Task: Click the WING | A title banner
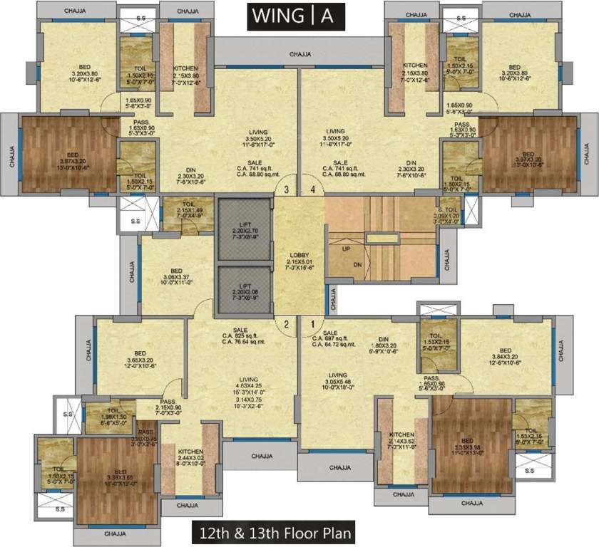pos(296,17)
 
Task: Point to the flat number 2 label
pos(286,324)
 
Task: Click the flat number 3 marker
pos(286,189)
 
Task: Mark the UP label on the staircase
pos(346,250)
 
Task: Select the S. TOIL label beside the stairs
pos(449,211)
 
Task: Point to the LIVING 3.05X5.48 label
pos(337,381)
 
